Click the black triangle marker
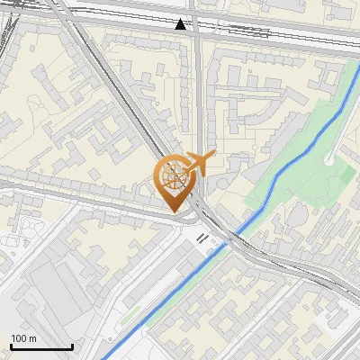[181, 24]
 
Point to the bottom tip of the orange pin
[175, 211]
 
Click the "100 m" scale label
[23, 338]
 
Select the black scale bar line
[41, 346]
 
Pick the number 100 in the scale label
[19, 338]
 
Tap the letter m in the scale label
[32, 338]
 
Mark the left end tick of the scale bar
[11, 345]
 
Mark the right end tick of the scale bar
[72, 345]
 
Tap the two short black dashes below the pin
[204, 238]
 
